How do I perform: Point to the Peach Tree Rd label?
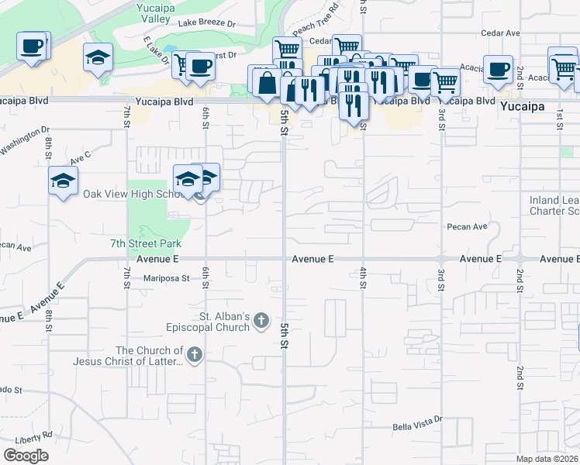point(317,14)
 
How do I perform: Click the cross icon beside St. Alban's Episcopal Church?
point(262,319)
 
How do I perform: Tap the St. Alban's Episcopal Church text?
point(225,322)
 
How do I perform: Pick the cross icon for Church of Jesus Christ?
point(194,356)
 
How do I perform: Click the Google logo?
point(26,456)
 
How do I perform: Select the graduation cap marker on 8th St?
point(63,181)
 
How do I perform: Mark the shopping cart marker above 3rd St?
point(445,81)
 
